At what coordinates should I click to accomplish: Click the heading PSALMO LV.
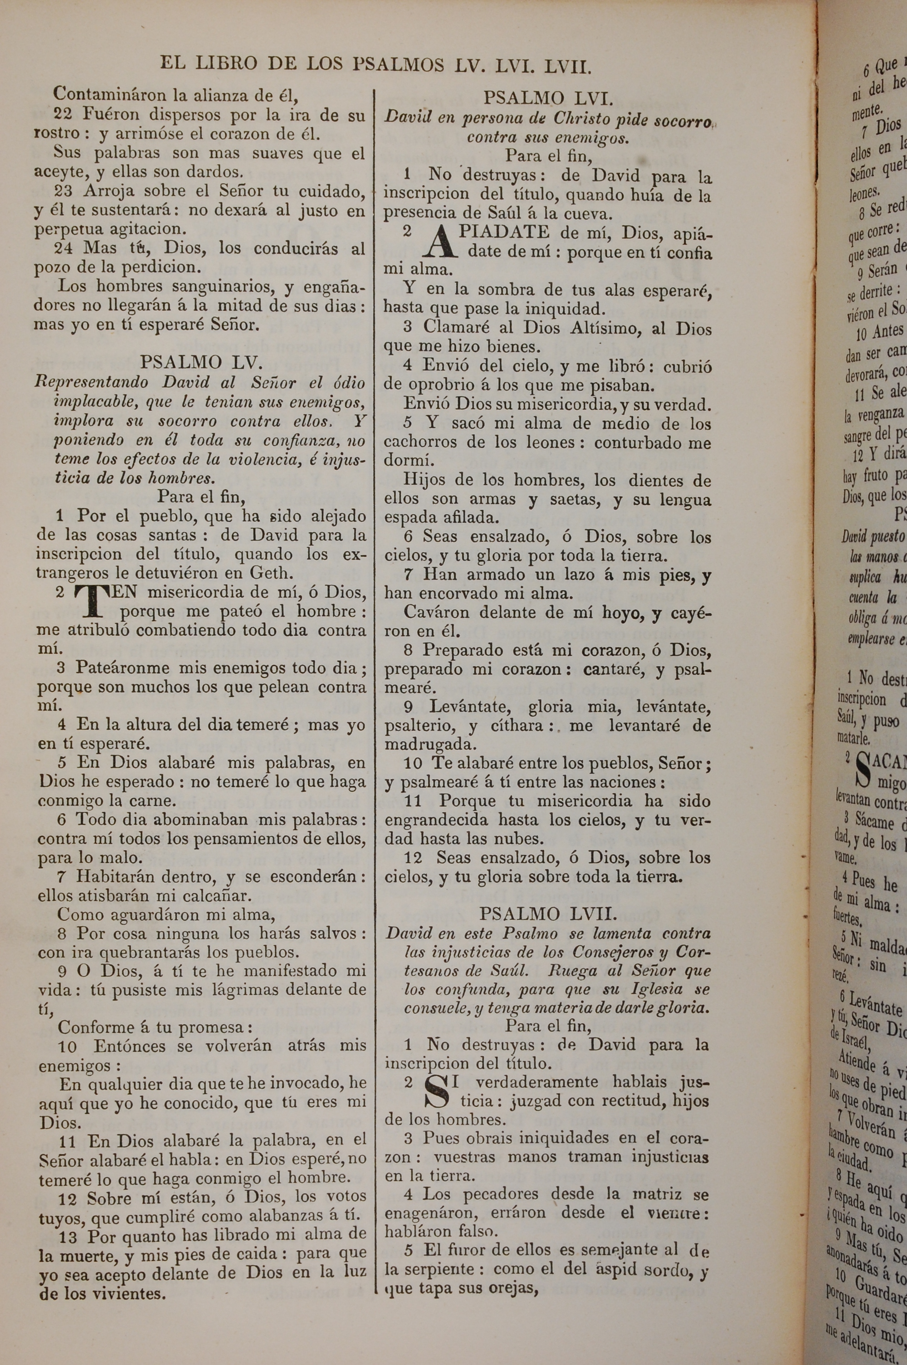[x=201, y=363]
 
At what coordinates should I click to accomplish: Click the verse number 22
[x=63, y=114]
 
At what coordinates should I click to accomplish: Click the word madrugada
[x=430, y=744]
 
